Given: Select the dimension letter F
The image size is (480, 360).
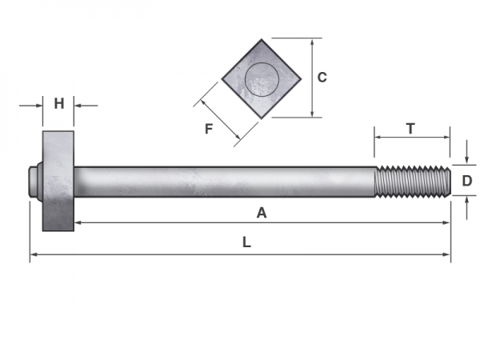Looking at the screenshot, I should click(x=209, y=128).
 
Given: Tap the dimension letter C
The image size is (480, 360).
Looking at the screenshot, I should click(x=322, y=78).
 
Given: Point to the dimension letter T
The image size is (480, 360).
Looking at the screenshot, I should click(x=410, y=128).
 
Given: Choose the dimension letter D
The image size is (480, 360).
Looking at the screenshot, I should click(x=467, y=181).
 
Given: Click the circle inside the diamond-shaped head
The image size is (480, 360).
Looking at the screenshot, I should click(x=262, y=79).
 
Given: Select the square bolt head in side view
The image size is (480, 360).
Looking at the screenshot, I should click(x=58, y=181).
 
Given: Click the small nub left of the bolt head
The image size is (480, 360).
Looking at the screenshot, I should click(x=34, y=182).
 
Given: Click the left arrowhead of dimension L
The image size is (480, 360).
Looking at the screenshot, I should click(x=34, y=255).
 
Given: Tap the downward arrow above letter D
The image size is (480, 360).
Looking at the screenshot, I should click(x=467, y=160).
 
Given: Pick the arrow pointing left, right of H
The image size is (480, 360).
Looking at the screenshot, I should click(x=78, y=104).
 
